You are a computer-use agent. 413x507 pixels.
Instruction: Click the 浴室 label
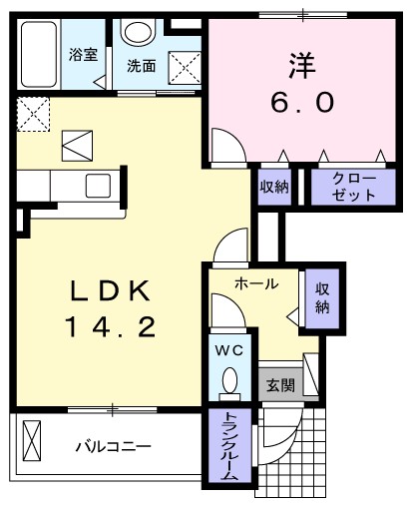83,55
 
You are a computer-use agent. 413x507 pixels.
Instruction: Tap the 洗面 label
141,66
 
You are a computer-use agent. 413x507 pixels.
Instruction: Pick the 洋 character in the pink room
301,65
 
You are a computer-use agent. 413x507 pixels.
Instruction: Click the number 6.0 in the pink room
301,101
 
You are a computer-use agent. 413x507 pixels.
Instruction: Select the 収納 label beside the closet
275,186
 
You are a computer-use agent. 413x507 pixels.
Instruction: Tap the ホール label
256,284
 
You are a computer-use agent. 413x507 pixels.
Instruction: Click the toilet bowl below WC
230,380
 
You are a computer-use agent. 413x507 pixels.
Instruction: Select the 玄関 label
280,385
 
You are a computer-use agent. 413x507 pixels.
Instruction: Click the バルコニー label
114,445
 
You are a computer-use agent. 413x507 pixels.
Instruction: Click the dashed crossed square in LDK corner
32,113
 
